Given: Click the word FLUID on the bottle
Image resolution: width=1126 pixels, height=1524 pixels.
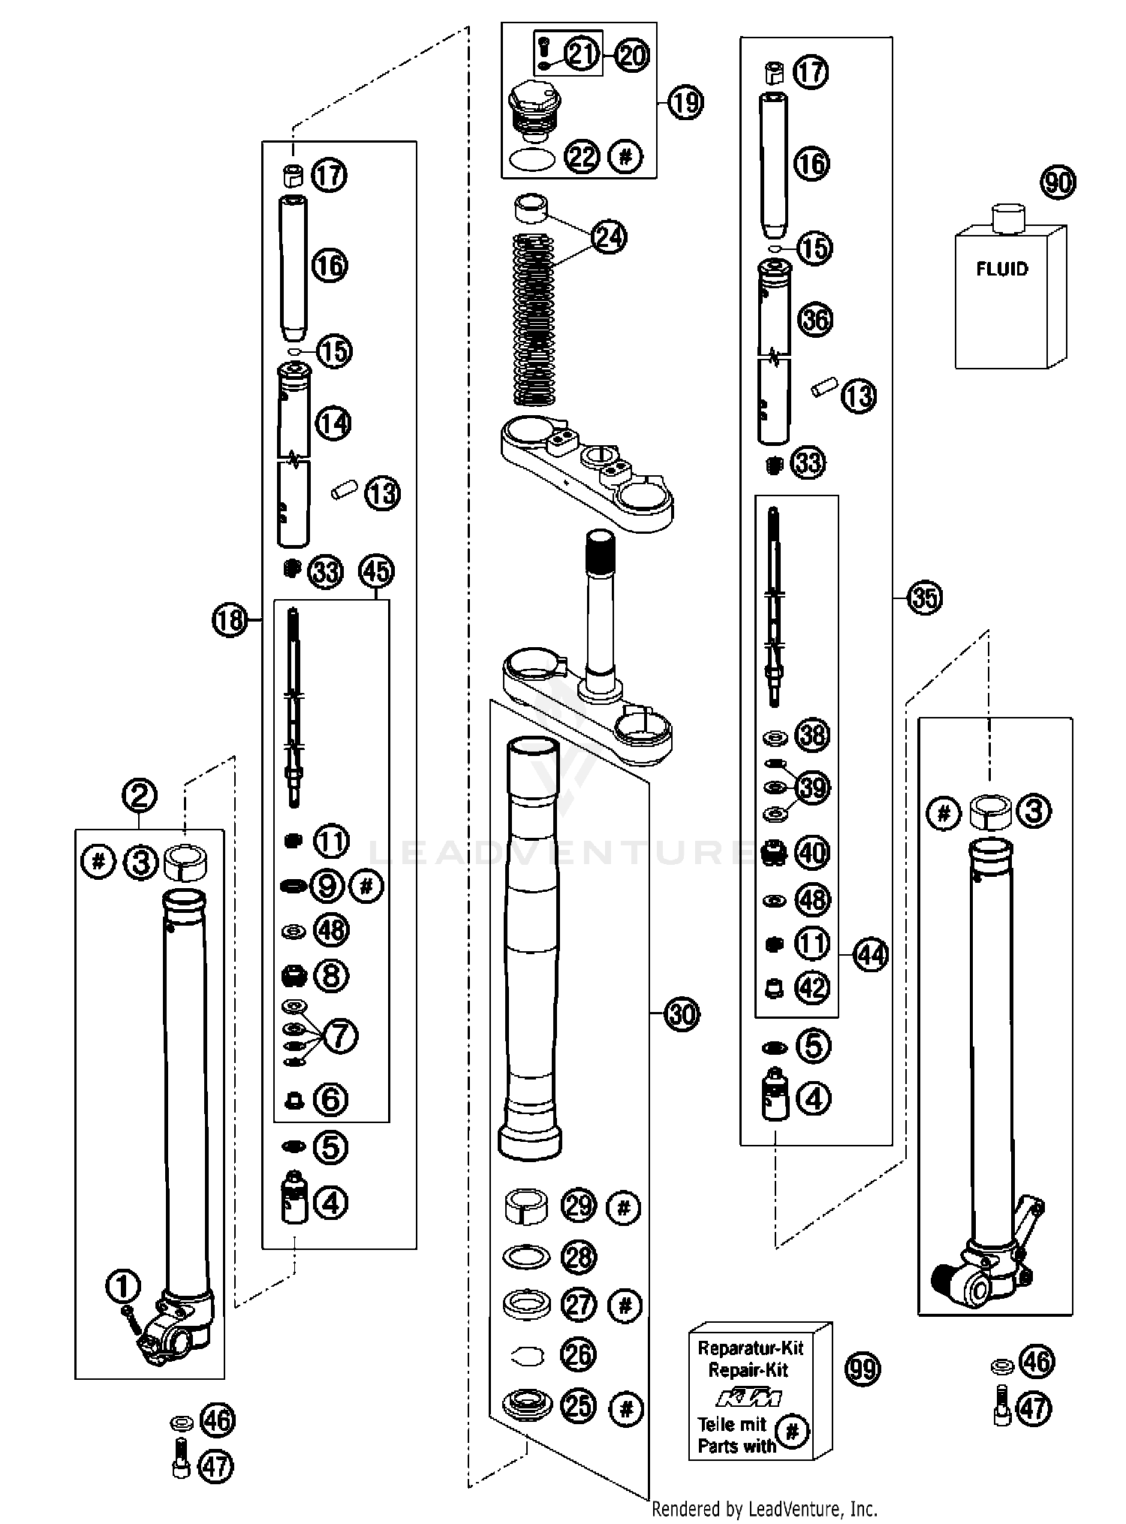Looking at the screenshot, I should [1002, 269].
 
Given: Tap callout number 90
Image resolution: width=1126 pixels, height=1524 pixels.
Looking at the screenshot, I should [1058, 182].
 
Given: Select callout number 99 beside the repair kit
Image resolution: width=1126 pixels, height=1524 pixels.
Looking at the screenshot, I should [862, 1369].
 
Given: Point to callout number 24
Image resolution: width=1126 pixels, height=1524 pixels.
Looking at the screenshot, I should [609, 236].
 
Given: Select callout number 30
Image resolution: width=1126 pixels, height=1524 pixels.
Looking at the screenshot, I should [682, 1014].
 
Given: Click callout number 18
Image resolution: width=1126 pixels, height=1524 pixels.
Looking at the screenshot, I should [230, 620].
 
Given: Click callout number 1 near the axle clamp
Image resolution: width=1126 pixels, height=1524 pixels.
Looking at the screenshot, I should [123, 1287].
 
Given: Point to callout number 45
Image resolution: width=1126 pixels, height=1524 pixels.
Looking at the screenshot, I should [377, 572].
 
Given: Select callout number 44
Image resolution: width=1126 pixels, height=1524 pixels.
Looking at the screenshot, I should [872, 955].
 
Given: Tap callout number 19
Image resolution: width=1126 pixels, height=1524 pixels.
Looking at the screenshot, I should [685, 102].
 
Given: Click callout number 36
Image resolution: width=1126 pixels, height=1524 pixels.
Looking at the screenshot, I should [816, 320].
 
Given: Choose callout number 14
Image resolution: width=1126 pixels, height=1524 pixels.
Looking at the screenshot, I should [333, 423].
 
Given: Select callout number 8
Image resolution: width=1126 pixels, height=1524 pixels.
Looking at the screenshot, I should [332, 977].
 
